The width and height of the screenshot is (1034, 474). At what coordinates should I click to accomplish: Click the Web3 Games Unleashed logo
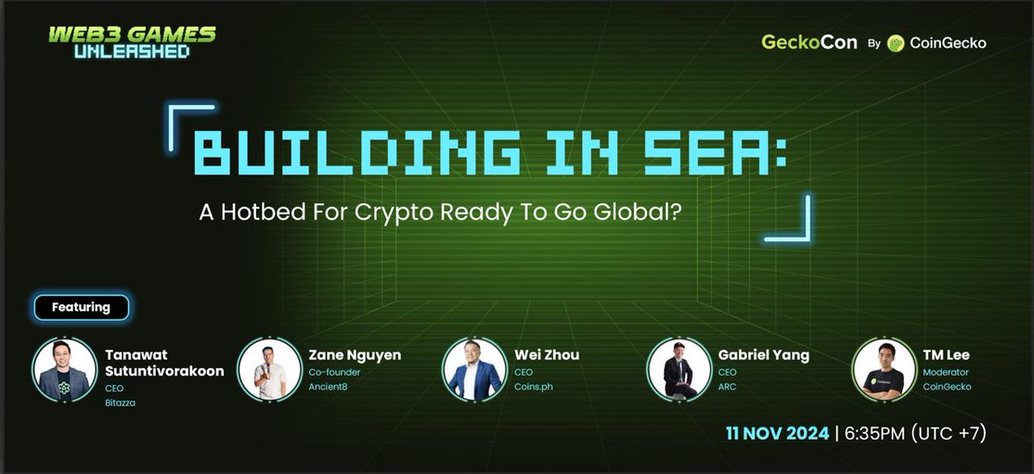tap(133, 42)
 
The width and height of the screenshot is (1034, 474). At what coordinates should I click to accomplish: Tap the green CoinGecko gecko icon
tap(895, 43)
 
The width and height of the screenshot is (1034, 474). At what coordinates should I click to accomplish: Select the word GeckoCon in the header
tap(809, 42)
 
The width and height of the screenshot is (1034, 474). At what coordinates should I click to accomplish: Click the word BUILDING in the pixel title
tap(357, 153)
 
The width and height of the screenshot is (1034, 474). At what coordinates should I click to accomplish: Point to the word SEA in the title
tap(707, 153)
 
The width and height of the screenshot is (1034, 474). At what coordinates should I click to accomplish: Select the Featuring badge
tap(81, 308)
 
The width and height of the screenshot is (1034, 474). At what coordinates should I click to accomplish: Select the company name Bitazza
tap(120, 403)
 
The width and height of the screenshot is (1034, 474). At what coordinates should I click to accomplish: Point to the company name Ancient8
tap(327, 387)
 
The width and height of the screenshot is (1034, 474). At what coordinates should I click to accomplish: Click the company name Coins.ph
tap(533, 387)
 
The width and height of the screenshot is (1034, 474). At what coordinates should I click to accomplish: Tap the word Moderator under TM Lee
tap(945, 372)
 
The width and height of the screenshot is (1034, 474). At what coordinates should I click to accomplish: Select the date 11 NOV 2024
tap(777, 433)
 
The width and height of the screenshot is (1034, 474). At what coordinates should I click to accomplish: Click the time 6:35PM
tap(875, 433)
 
